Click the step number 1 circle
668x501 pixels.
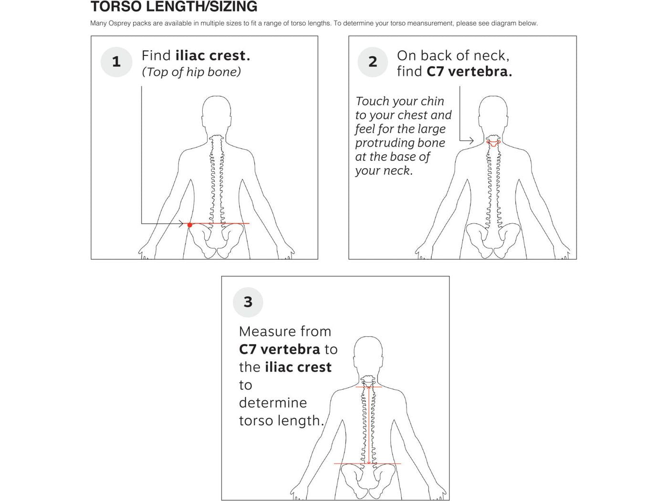pyautogui.click(x=116, y=62)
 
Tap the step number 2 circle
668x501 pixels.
pyautogui.click(x=373, y=62)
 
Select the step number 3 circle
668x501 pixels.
pyautogui.click(x=248, y=302)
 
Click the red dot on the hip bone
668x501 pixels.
pyautogui.click(x=189, y=225)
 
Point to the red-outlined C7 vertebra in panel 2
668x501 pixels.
pyautogui.click(x=493, y=142)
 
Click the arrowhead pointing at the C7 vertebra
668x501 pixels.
pyautogui.click(x=471, y=141)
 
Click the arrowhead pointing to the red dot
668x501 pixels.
pyautogui.click(x=180, y=224)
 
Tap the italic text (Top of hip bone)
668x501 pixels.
pyautogui.click(x=191, y=72)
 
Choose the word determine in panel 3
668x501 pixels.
pyautogui.click(x=272, y=402)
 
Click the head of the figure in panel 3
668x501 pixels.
pyautogui.click(x=368, y=354)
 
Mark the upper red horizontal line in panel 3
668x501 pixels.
pyautogui.click(x=368, y=386)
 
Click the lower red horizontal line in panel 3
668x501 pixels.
pyautogui.click(x=367, y=463)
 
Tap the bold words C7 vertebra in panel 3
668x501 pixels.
pyautogui.click(x=280, y=349)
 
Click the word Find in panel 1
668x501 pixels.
pyautogui.click(x=156, y=56)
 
